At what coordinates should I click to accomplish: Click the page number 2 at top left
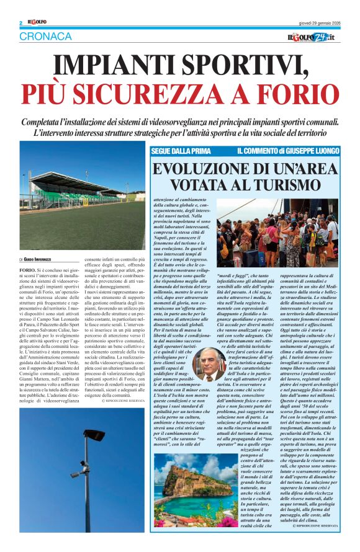21,23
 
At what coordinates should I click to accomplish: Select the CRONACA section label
45,37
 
